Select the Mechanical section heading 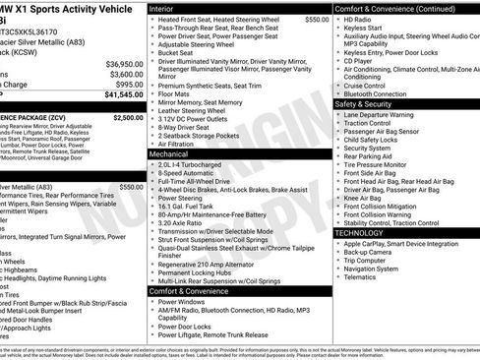tap(172, 154)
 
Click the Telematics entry tap(360, 277)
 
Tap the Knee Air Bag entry tap(365, 198)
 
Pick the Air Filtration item tap(181, 144)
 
